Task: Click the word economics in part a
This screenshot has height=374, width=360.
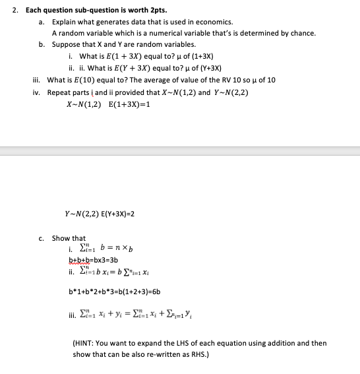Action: (x=216, y=22)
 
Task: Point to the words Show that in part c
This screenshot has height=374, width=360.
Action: (x=69, y=238)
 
